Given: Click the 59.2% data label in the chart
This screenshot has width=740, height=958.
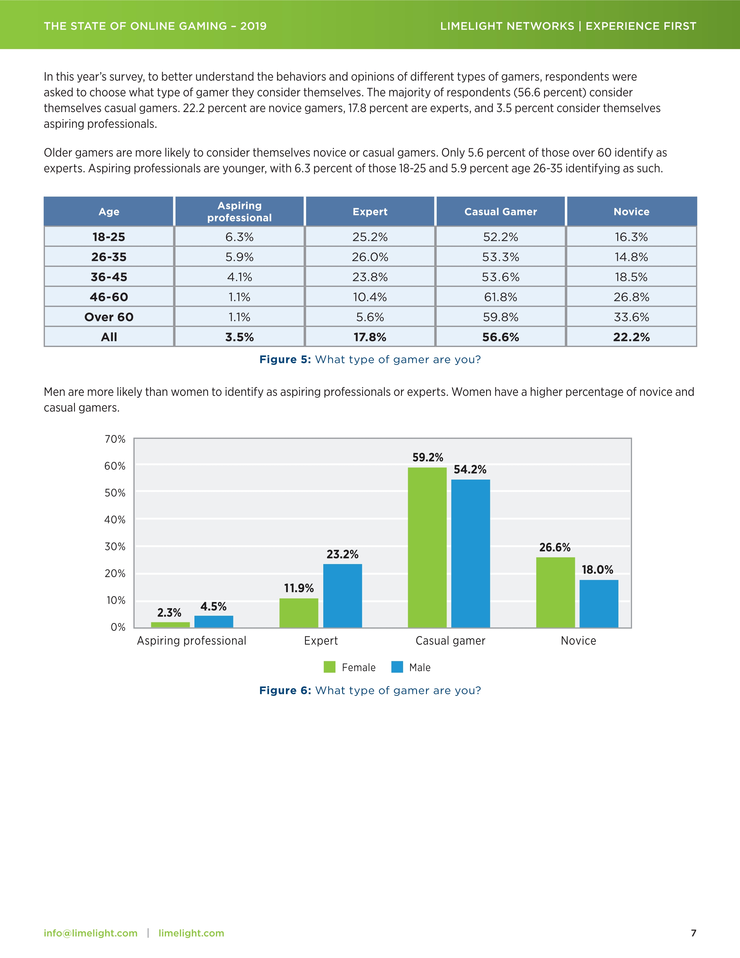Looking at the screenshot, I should coord(427,458).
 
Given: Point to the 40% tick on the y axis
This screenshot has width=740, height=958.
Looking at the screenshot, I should coord(115,520).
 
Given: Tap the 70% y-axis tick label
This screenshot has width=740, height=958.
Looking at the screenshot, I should coord(115,439).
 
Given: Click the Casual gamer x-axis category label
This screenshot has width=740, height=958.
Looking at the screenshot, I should coord(450,641).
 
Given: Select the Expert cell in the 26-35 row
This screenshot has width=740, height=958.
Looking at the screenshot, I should coord(370,257).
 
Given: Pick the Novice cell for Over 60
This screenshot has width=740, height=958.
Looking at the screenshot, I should coord(631,317).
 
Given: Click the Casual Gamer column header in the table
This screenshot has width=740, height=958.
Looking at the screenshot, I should coord(501,212).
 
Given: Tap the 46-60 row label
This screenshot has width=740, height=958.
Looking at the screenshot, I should coord(109,297).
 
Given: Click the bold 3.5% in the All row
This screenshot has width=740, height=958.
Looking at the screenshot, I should coord(239,337).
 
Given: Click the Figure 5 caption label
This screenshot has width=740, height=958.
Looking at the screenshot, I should coord(285,360).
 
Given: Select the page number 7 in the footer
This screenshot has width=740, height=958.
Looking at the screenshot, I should coord(693,933).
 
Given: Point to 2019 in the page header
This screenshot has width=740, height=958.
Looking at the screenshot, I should coord(253,26).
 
